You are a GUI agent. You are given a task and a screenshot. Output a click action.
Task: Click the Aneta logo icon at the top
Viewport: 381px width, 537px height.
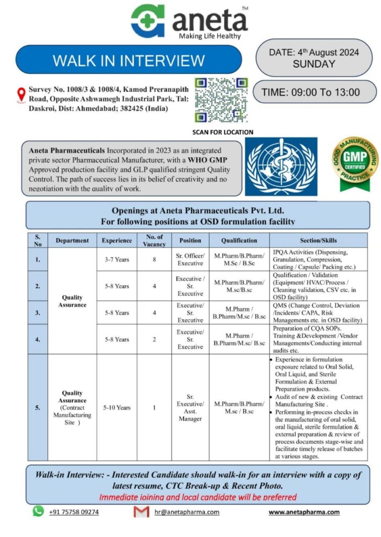pyautogui.click(x=148, y=21)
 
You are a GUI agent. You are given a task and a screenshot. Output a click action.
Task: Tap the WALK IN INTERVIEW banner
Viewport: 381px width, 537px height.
pyautogui.click(x=128, y=60)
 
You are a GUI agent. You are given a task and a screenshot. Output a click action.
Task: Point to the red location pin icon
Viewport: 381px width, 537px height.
pyautogui.click(x=21, y=95)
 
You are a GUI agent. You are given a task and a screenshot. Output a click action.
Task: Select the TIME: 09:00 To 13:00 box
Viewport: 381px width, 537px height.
pyautogui.click(x=311, y=92)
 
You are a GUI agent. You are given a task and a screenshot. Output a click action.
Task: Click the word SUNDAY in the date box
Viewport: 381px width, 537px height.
pyautogui.click(x=313, y=64)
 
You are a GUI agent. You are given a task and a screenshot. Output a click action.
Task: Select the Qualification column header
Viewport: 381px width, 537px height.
pyautogui.click(x=238, y=240)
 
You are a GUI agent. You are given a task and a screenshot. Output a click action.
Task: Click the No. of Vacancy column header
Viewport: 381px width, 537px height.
pyautogui.click(x=154, y=240)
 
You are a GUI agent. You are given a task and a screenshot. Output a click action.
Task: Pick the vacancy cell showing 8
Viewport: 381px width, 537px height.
pyautogui.click(x=154, y=259)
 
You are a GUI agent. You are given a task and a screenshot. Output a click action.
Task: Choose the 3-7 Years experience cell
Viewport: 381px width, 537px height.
pyautogui.click(x=117, y=259)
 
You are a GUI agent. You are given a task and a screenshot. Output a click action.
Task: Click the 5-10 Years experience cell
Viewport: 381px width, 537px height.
pyautogui.click(x=117, y=407)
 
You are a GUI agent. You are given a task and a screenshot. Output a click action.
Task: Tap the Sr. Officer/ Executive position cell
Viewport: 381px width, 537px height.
pyautogui.click(x=190, y=259)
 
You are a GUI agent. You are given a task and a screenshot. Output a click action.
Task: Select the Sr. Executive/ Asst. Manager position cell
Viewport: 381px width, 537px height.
pyautogui.click(x=190, y=407)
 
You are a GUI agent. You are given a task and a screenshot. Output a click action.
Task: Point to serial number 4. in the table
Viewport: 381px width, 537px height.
pyautogui.click(x=37, y=339)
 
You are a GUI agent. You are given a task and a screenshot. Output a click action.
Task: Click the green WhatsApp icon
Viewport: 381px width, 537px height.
pyautogui.click(x=38, y=511)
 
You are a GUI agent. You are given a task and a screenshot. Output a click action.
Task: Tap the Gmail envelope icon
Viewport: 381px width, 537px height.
pyautogui.click(x=141, y=512)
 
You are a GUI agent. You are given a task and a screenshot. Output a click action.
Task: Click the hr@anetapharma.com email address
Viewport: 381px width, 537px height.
pyautogui.click(x=187, y=512)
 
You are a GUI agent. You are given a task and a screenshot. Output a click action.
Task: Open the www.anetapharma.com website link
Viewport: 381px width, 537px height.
pyautogui.click(x=304, y=512)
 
